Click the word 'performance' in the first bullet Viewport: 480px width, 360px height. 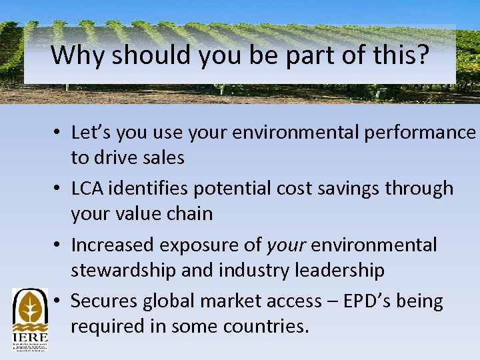point(420,133)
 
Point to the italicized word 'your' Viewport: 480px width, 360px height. point(287,245)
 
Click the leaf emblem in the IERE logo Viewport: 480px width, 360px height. point(29,307)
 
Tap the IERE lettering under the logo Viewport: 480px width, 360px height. point(29,337)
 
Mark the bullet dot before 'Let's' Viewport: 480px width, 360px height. point(59,133)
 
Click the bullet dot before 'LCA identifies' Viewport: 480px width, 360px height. point(59,189)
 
